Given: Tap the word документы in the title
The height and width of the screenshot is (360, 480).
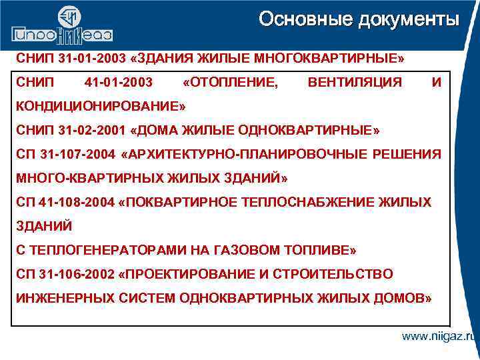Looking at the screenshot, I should click(407, 19).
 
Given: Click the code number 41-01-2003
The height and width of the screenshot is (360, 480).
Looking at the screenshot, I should click(119, 82).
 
